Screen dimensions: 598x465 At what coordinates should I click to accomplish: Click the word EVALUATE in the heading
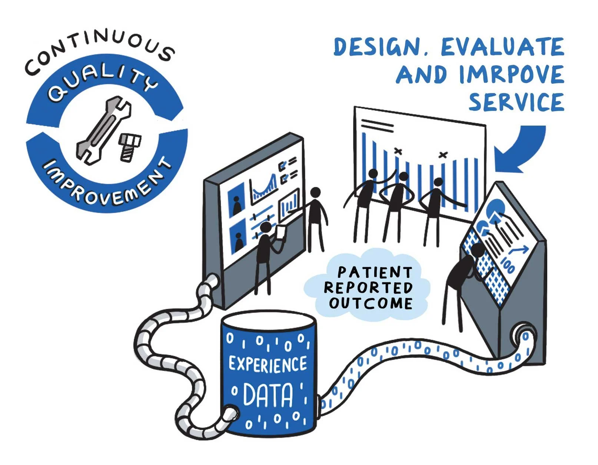point(502,47)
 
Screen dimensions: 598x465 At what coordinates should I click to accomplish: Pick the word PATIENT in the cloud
point(374,272)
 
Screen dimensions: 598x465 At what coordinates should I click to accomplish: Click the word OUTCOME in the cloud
point(371,303)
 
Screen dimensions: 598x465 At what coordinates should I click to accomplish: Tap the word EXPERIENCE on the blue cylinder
point(268,364)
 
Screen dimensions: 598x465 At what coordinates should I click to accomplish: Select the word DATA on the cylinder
point(268,395)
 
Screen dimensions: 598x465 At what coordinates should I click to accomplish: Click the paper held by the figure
point(281,232)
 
